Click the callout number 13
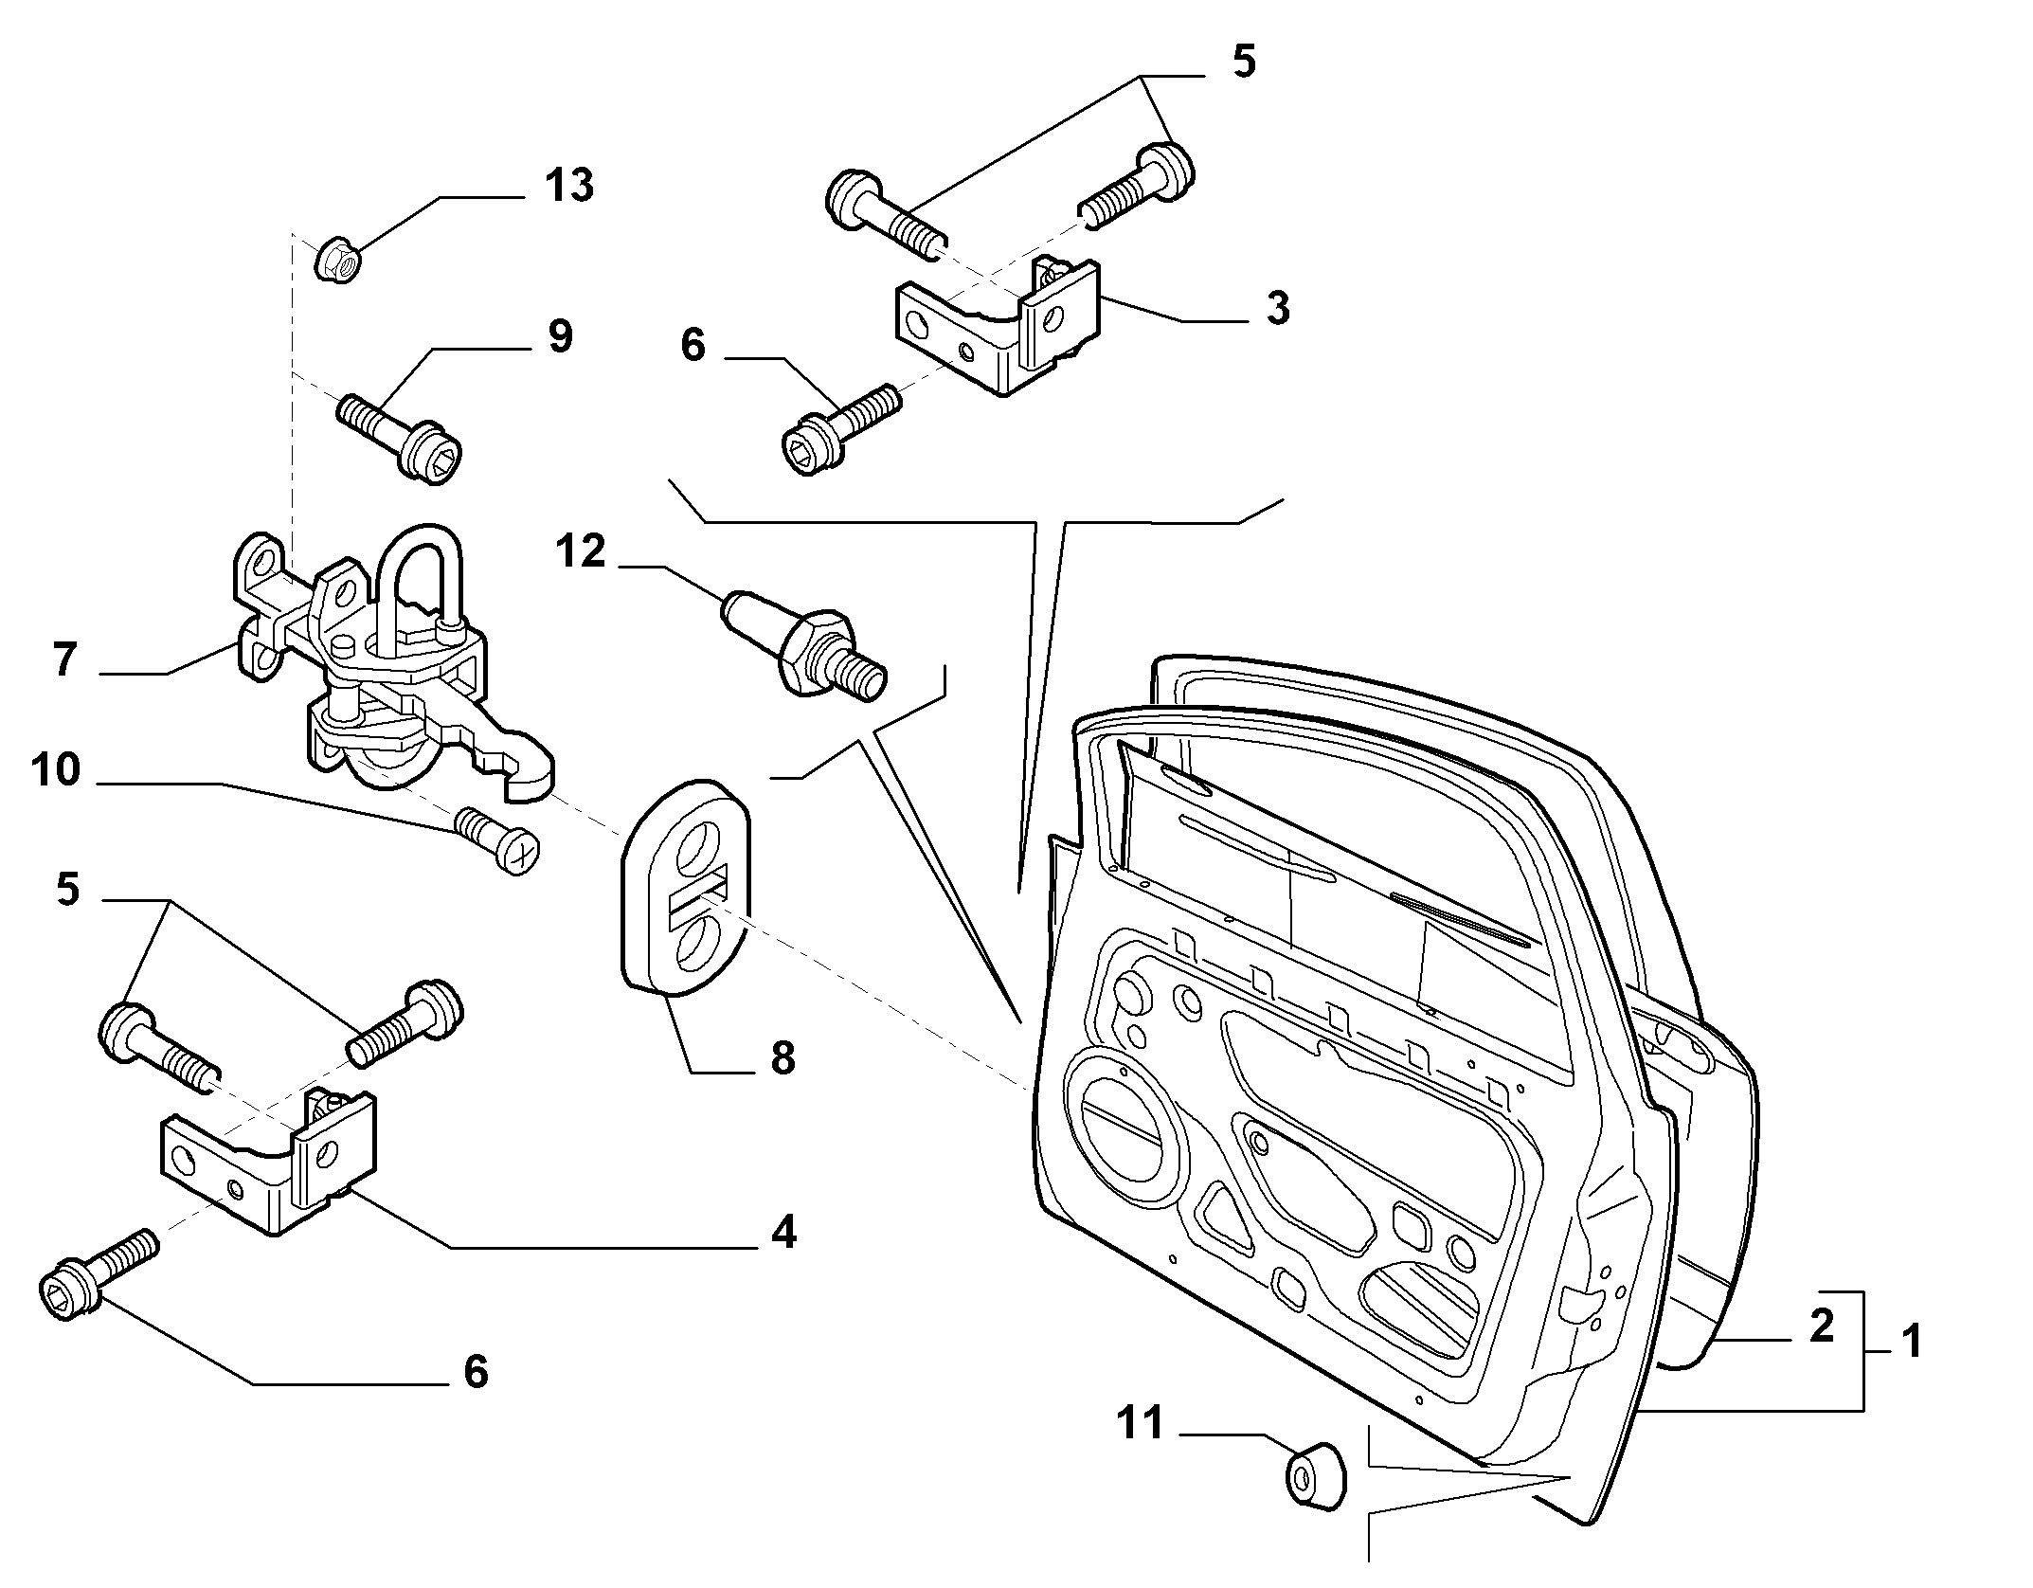click(x=568, y=185)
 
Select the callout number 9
click(x=560, y=336)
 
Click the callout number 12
click(x=580, y=550)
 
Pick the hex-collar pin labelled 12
click(x=805, y=649)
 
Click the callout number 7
click(x=63, y=659)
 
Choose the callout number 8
click(x=783, y=1057)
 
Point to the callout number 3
click(x=1278, y=308)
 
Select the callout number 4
click(x=783, y=1233)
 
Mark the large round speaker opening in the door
click(x=1127, y=1132)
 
